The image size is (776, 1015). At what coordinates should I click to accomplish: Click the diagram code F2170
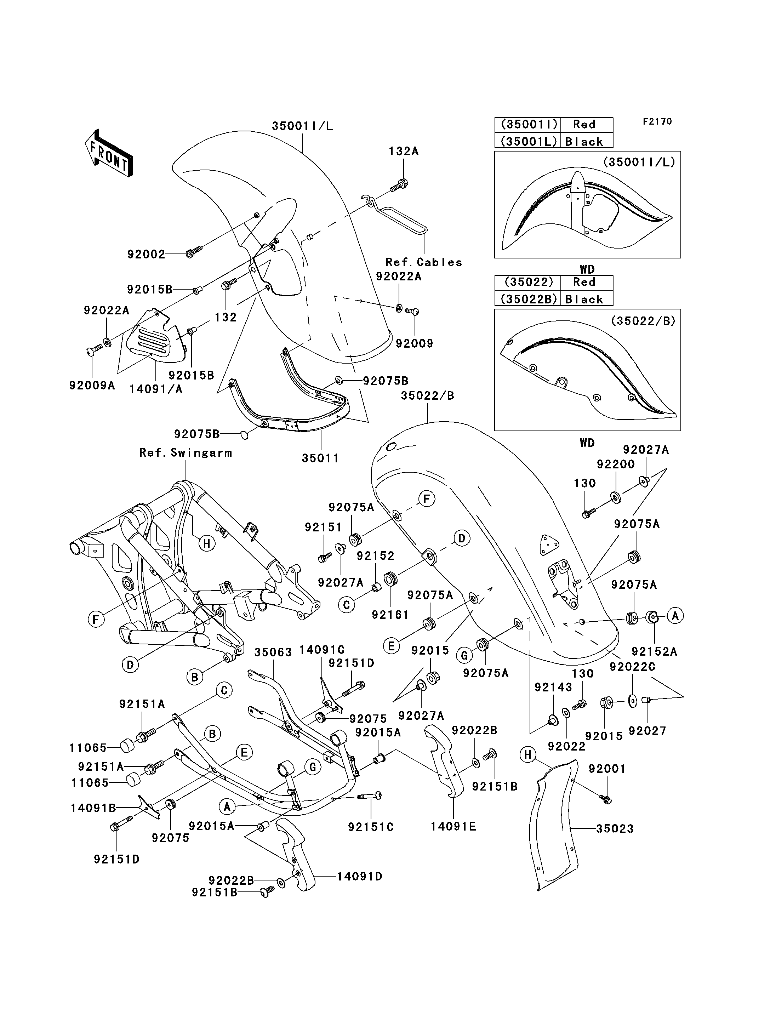tap(658, 121)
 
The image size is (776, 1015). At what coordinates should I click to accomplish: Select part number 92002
tap(146, 254)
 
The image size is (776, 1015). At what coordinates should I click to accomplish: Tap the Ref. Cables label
tap(423, 262)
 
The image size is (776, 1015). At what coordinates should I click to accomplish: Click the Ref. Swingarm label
tap(186, 453)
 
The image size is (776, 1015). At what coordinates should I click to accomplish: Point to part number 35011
tap(321, 458)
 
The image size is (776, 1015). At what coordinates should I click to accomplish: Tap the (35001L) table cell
tap(527, 141)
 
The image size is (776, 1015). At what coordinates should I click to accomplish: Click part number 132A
tap(404, 152)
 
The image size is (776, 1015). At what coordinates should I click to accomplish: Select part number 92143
tap(553, 687)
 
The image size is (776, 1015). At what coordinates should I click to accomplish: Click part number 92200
tap(616, 464)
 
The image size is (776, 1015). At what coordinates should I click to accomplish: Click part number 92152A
tap(654, 651)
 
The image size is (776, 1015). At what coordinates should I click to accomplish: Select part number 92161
tap(390, 615)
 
